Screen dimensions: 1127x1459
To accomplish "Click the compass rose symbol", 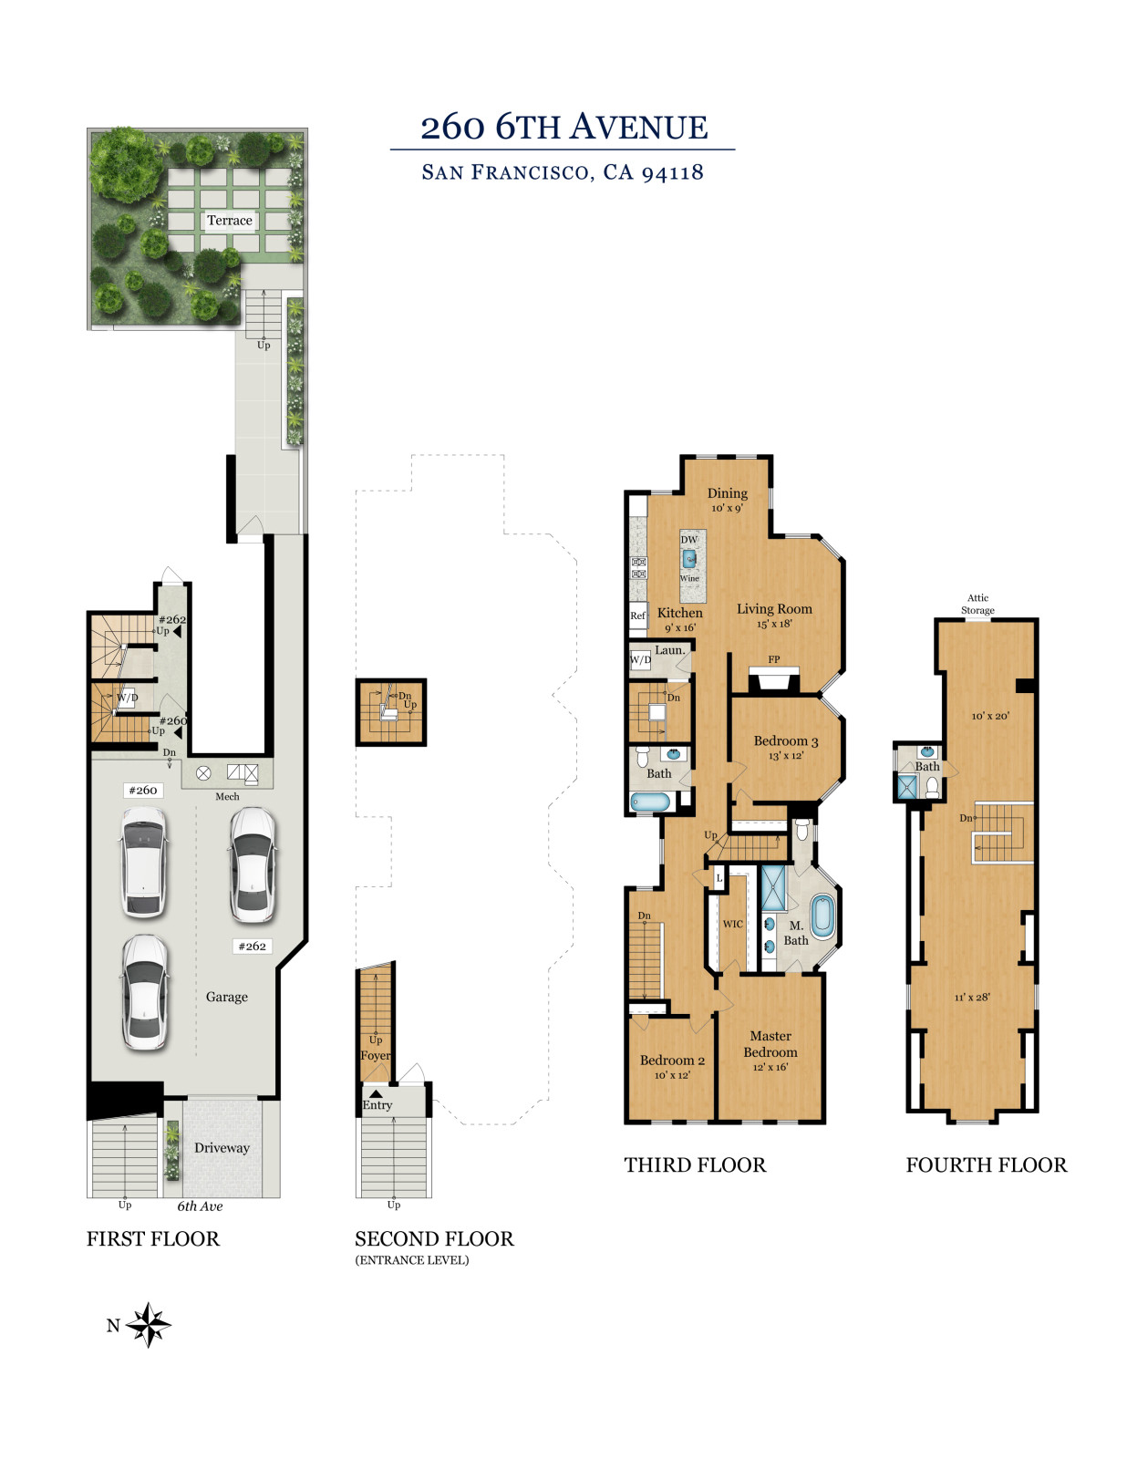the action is [x=149, y=1325].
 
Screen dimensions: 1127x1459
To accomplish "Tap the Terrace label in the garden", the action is [x=230, y=221].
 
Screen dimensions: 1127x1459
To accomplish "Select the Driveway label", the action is [x=222, y=1147].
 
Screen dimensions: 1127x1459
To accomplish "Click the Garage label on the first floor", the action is [x=226, y=997].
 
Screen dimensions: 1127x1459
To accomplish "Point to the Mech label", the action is [x=227, y=796].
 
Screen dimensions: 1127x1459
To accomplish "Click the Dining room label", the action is [x=727, y=493].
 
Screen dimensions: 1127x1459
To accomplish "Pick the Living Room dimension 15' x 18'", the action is [x=774, y=624].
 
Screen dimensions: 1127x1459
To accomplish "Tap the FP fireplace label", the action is [x=773, y=659].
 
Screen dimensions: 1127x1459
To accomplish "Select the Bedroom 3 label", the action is [x=785, y=741].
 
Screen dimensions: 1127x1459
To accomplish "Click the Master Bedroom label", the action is [x=770, y=1044].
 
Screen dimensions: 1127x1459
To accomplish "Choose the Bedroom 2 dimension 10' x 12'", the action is [x=672, y=1075].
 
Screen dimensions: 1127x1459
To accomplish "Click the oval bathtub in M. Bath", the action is [x=822, y=916].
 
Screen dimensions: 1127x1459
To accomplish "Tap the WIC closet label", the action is [x=732, y=924].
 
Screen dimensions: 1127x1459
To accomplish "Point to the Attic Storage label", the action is [x=977, y=604].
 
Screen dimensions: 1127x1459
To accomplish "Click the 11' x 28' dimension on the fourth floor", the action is [x=972, y=997].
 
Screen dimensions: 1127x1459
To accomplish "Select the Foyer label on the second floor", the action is [x=376, y=1055].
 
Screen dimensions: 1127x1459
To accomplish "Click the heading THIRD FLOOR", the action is [x=695, y=1164].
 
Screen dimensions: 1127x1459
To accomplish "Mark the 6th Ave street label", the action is [x=200, y=1206].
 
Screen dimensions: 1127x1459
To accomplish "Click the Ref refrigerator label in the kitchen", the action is [x=637, y=615].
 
